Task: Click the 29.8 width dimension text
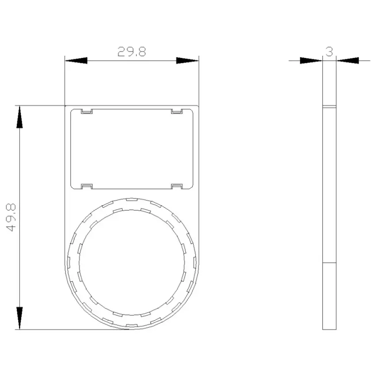click(x=132, y=52)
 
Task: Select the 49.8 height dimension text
click(x=11, y=218)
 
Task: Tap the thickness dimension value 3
click(x=330, y=52)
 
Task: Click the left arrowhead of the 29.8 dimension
click(x=76, y=61)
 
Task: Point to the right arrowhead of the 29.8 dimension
click(x=188, y=61)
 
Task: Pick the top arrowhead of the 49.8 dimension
click(x=19, y=117)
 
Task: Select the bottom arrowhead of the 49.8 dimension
click(x=19, y=318)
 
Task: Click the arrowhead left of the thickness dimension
click(x=311, y=61)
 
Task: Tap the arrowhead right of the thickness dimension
click(x=348, y=61)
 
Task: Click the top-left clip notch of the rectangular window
click(x=87, y=111)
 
